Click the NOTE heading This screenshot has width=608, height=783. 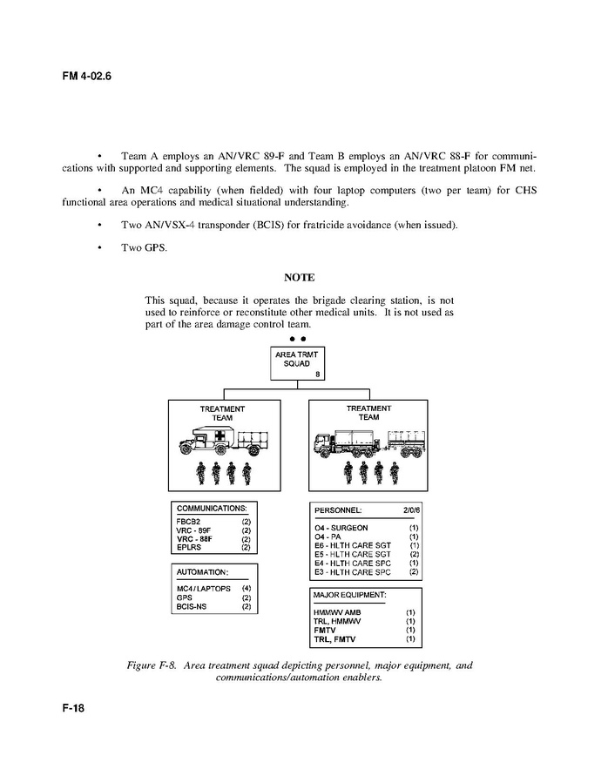point(299,278)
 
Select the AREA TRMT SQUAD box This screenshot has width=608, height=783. point(298,362)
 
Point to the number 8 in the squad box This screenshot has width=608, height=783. point(318,375)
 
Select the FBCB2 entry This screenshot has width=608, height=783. point(190,522)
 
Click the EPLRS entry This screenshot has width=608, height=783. point(189,548)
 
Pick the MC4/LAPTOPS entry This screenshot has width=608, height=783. point(204,589)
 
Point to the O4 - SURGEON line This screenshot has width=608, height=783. point(341,528)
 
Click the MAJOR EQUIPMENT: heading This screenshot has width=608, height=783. point(350,595)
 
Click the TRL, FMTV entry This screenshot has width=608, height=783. point(335,639)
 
